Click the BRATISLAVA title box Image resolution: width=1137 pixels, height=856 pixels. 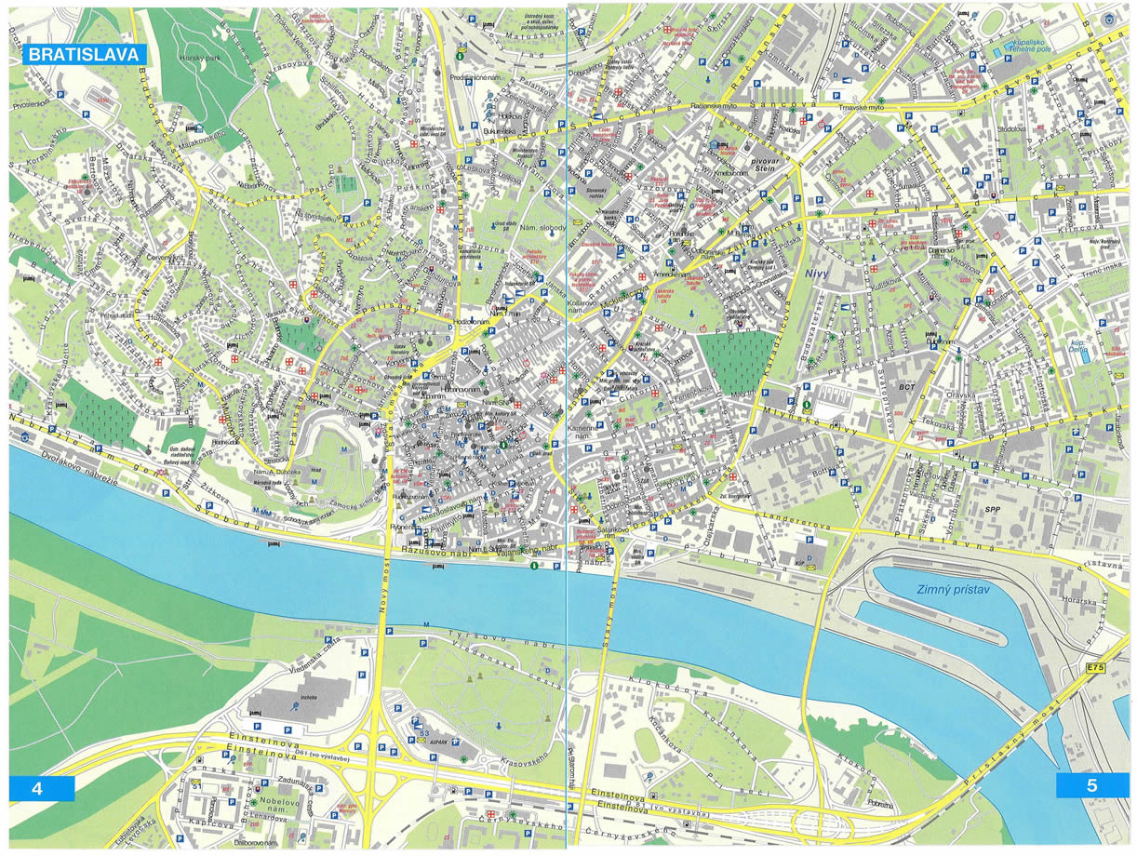tap(84, 54)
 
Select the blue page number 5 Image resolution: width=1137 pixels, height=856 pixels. tap(1092, 785)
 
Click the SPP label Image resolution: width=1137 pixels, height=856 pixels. tap(997, 512)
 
